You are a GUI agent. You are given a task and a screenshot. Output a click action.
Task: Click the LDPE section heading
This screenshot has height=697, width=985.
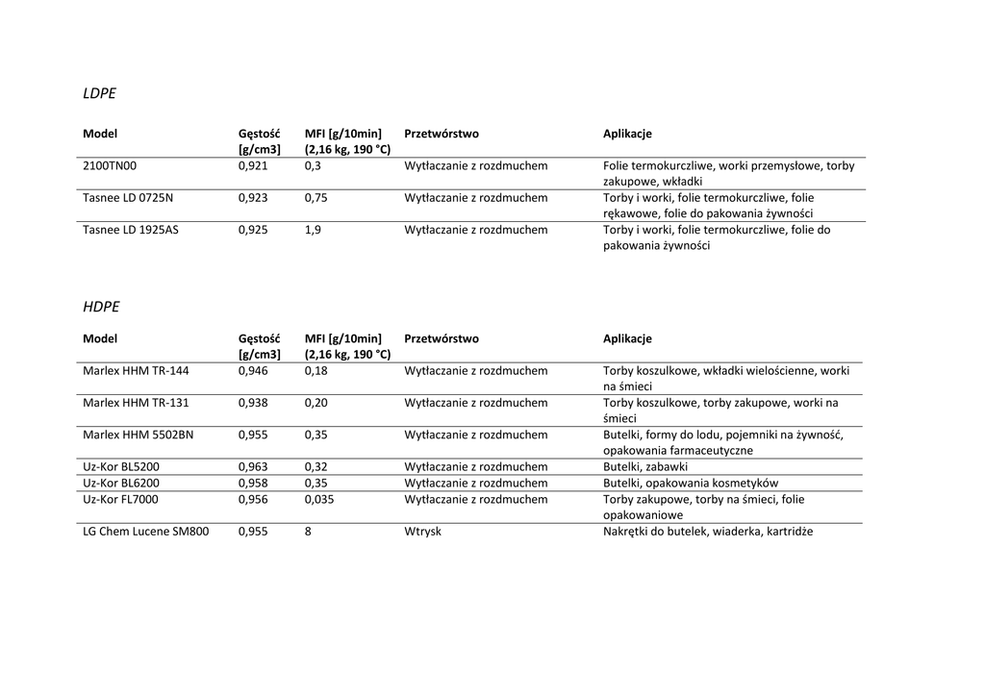(99, 93)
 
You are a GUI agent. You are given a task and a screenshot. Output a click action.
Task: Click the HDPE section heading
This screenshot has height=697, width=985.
(101, 307)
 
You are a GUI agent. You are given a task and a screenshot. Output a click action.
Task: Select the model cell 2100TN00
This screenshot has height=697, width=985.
(110, 165)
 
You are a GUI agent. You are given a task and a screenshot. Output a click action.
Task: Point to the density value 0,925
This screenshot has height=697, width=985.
(253, 230)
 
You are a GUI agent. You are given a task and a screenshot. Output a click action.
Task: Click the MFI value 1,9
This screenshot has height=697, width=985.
(313, 230)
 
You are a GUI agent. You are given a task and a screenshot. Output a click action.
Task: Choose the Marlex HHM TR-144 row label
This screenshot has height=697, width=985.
(136, 370)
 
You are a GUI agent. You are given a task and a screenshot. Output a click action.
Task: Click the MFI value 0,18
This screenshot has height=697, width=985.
(316, 370)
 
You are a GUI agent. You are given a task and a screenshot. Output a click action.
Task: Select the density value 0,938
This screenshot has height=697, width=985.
(253, 402)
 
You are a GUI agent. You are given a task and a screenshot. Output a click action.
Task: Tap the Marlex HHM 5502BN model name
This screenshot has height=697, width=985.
(138, 435)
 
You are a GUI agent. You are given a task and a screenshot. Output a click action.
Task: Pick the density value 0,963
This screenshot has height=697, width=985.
(253, 466)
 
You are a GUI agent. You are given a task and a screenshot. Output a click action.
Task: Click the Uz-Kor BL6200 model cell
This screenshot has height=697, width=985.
(121, 483)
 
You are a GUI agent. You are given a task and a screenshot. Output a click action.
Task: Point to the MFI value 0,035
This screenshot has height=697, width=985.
(319, 499)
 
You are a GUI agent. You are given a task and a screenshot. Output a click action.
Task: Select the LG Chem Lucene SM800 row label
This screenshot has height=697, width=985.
(145, 531)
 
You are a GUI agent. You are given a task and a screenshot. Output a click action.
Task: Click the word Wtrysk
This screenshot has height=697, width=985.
(422, 531)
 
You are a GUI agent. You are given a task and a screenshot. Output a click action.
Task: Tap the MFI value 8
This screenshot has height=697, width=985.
(308, 531)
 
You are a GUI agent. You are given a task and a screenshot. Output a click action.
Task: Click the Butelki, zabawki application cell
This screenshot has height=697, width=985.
(644, 466)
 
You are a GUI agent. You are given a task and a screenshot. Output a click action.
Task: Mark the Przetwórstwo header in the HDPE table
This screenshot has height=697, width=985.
(442, 338)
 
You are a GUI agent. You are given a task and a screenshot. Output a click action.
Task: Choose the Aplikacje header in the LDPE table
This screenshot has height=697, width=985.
(627, 134)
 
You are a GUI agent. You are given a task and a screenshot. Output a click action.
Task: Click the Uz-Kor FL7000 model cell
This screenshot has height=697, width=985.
(120, 499)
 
